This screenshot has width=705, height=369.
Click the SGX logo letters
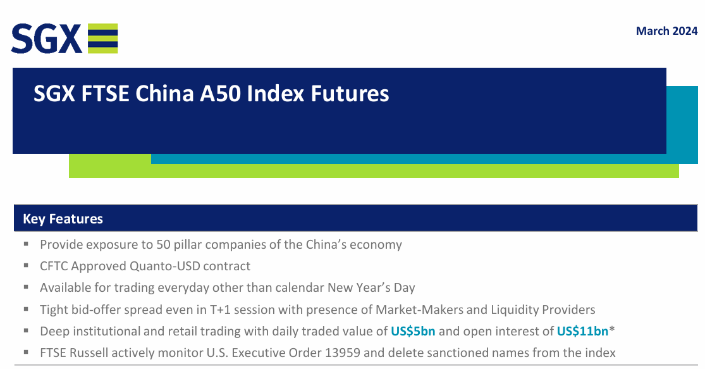[46, 39]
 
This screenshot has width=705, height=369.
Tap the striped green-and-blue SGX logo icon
[102, 38]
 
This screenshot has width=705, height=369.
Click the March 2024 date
[666, 31]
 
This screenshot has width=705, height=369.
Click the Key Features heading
[63, 219]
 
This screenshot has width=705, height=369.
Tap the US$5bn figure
[413, 331]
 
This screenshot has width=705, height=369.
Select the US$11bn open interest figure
[582, 331]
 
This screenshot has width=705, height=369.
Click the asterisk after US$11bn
[612, 329]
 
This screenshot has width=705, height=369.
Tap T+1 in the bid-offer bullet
[220, 310]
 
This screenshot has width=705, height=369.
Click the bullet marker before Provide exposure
[26, 244]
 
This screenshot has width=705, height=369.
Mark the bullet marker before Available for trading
[26, 287]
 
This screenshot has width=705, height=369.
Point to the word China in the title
[164, 94]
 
